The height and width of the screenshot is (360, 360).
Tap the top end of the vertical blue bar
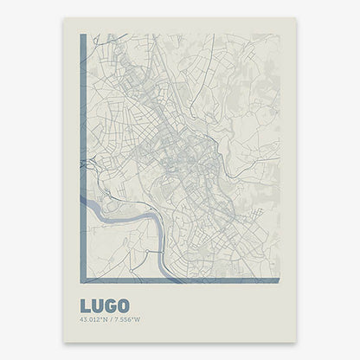(81, 37)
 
